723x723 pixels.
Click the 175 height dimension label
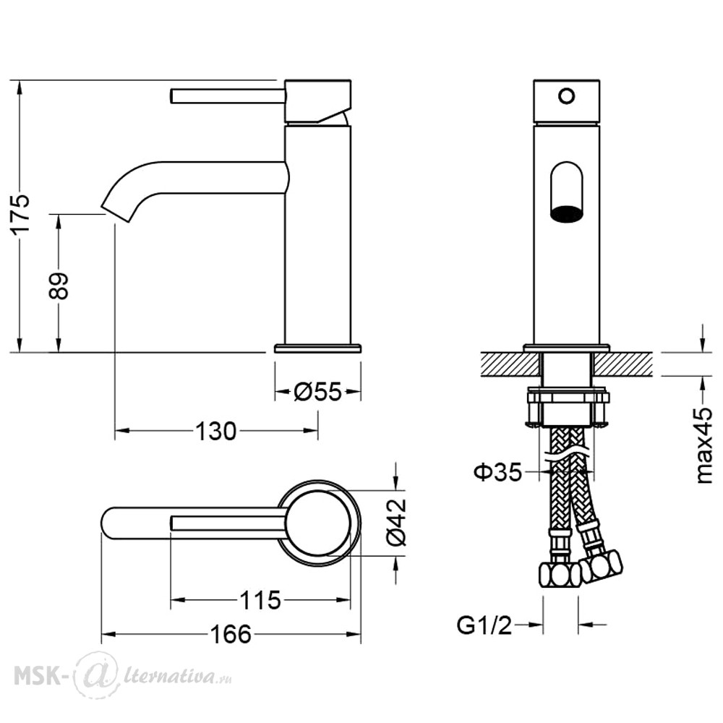coord(22,215)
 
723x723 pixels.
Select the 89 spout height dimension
coord(59,286)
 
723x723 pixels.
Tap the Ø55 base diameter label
coord(317,393)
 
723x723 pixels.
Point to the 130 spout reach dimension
coord(216,431)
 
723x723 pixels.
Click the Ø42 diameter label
coord(396,523)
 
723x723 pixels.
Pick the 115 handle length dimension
coord(260,600)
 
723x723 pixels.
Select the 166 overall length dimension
coord(231,634)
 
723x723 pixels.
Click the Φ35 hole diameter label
coord(498,472)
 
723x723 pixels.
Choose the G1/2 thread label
coord(484,625)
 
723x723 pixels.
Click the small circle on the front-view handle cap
coord(567,96)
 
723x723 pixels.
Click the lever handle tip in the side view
coord(173,96)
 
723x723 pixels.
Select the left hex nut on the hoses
coord(560,574)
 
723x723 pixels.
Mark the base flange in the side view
coord(317,348)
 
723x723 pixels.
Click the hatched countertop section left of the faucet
coord(510,364)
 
